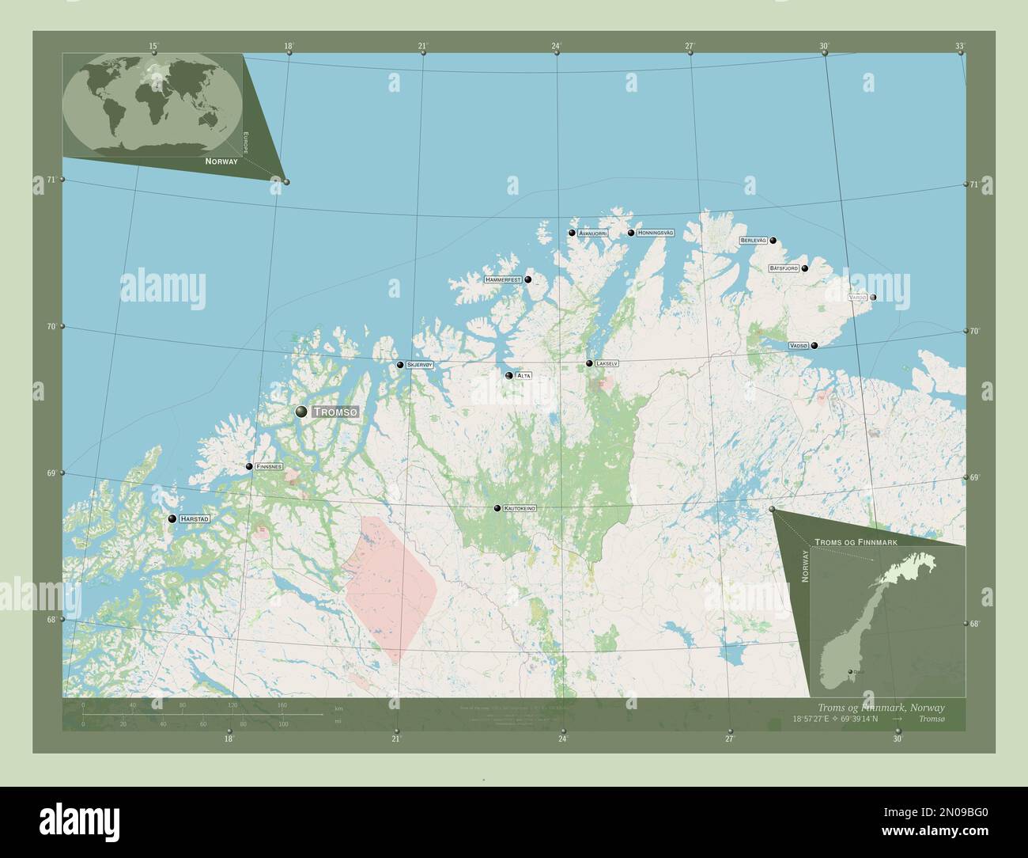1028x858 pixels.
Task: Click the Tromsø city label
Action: [x=335, y=412]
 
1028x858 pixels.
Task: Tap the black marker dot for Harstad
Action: [x=172, y=519]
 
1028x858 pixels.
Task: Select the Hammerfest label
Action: [x=503, y=279]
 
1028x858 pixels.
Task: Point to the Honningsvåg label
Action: [x=656, y=233]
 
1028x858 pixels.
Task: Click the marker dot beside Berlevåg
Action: [x=773, y=241]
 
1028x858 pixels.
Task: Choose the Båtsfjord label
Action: [x=784, y=268]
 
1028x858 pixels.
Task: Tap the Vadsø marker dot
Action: [x=814, y=346]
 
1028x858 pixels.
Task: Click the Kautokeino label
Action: [x=520, y=508]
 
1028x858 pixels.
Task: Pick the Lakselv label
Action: [x=607, y=363]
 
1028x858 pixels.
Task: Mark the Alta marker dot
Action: [x=508, y=375]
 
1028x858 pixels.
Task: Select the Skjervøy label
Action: [x=419, y=365]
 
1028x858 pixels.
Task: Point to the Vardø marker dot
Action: [x=872, y=298]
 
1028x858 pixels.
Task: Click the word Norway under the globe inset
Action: [x=221, y=161]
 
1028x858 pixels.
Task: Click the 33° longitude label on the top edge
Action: [x=959, y=47]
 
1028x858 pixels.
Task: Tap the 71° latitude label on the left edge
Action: [x=51, y=180]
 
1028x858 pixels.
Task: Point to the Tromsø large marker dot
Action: [x=300, y=412]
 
